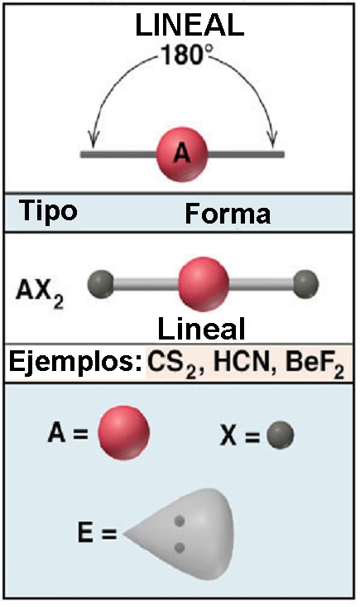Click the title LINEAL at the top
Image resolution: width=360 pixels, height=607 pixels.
click(190, 25)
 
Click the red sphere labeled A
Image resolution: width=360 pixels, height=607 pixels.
click(182, 154)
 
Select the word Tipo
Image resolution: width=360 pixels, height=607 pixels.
click(48, 212)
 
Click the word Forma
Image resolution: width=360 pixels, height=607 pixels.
click(228, 214)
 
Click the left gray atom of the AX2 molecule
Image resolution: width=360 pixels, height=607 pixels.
click(101, 284)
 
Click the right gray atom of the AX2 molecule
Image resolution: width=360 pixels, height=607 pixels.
click(305, 284)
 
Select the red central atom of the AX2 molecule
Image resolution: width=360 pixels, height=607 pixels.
click(204, 284)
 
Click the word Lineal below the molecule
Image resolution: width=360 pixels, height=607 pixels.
click(201, 329)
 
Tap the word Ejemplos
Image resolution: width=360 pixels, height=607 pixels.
click(75, 363)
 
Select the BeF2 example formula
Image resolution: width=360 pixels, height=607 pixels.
click(314, 364)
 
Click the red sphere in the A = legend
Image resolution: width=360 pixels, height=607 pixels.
click(123, 433)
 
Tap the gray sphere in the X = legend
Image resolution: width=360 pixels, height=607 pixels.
click(281, 435)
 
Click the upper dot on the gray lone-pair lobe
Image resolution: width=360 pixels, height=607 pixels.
click(179, 521)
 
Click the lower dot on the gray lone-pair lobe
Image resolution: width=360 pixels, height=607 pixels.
click(179, 547)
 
